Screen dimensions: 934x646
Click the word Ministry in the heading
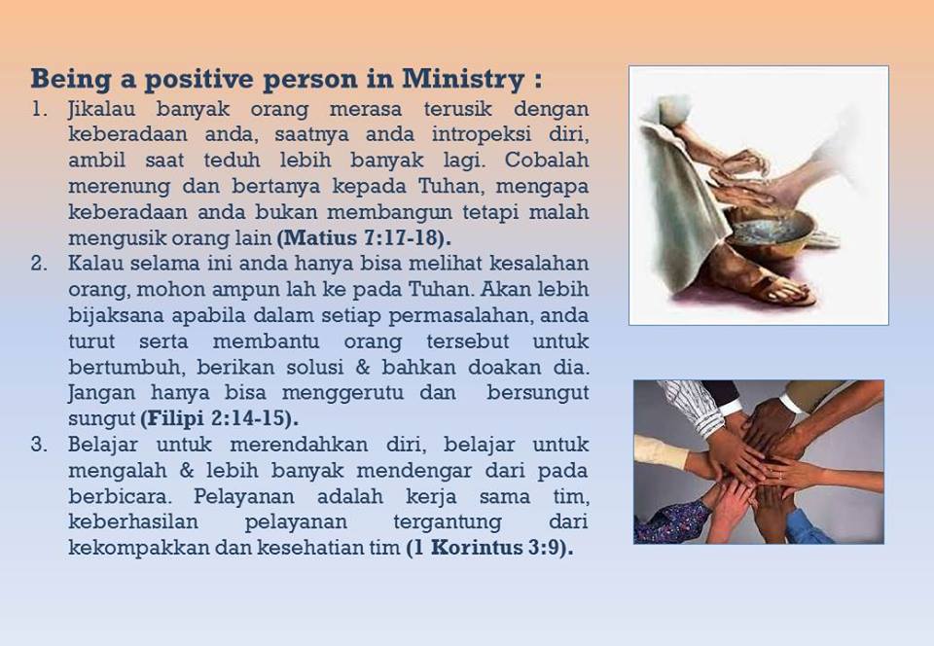463,80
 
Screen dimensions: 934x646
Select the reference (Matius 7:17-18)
364,238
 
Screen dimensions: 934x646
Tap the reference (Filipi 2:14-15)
219,418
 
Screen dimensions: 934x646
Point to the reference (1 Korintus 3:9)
489,547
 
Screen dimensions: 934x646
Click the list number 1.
39,110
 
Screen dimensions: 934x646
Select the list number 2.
39,264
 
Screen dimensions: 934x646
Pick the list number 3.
39,445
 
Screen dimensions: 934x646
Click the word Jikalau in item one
102,110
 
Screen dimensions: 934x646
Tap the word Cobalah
546,161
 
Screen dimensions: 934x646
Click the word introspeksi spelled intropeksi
482,135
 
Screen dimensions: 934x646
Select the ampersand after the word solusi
363,367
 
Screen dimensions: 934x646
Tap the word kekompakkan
139,548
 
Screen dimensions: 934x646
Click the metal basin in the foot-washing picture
771,233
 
